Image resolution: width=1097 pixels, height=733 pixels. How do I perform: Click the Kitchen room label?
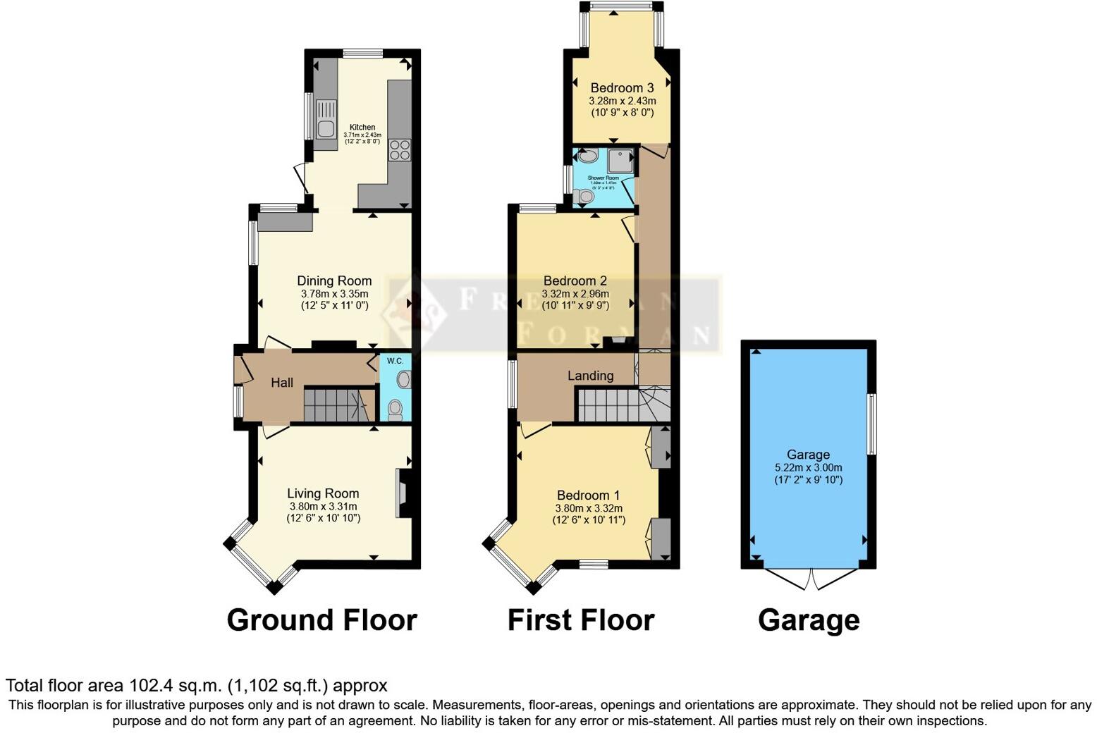362,128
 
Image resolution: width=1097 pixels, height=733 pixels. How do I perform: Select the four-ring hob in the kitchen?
400,151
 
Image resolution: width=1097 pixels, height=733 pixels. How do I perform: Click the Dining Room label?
334,281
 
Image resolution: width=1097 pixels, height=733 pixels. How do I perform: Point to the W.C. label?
395,361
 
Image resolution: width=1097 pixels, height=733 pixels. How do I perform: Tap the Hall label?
282,383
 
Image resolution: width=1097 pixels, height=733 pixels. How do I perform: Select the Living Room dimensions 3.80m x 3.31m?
323,506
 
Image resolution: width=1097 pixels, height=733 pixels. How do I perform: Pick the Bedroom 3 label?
622,88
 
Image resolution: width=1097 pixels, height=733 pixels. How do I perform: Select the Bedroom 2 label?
575,281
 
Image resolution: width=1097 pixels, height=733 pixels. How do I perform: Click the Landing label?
591,376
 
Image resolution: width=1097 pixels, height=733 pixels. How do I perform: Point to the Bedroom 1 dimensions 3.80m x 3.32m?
589,508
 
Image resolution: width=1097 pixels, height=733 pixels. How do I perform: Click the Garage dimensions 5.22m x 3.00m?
808,467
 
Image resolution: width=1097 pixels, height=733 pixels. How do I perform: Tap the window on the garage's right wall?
872,424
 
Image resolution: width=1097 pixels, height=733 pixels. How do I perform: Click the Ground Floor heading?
322,620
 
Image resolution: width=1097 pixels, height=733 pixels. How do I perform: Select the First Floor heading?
581,620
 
